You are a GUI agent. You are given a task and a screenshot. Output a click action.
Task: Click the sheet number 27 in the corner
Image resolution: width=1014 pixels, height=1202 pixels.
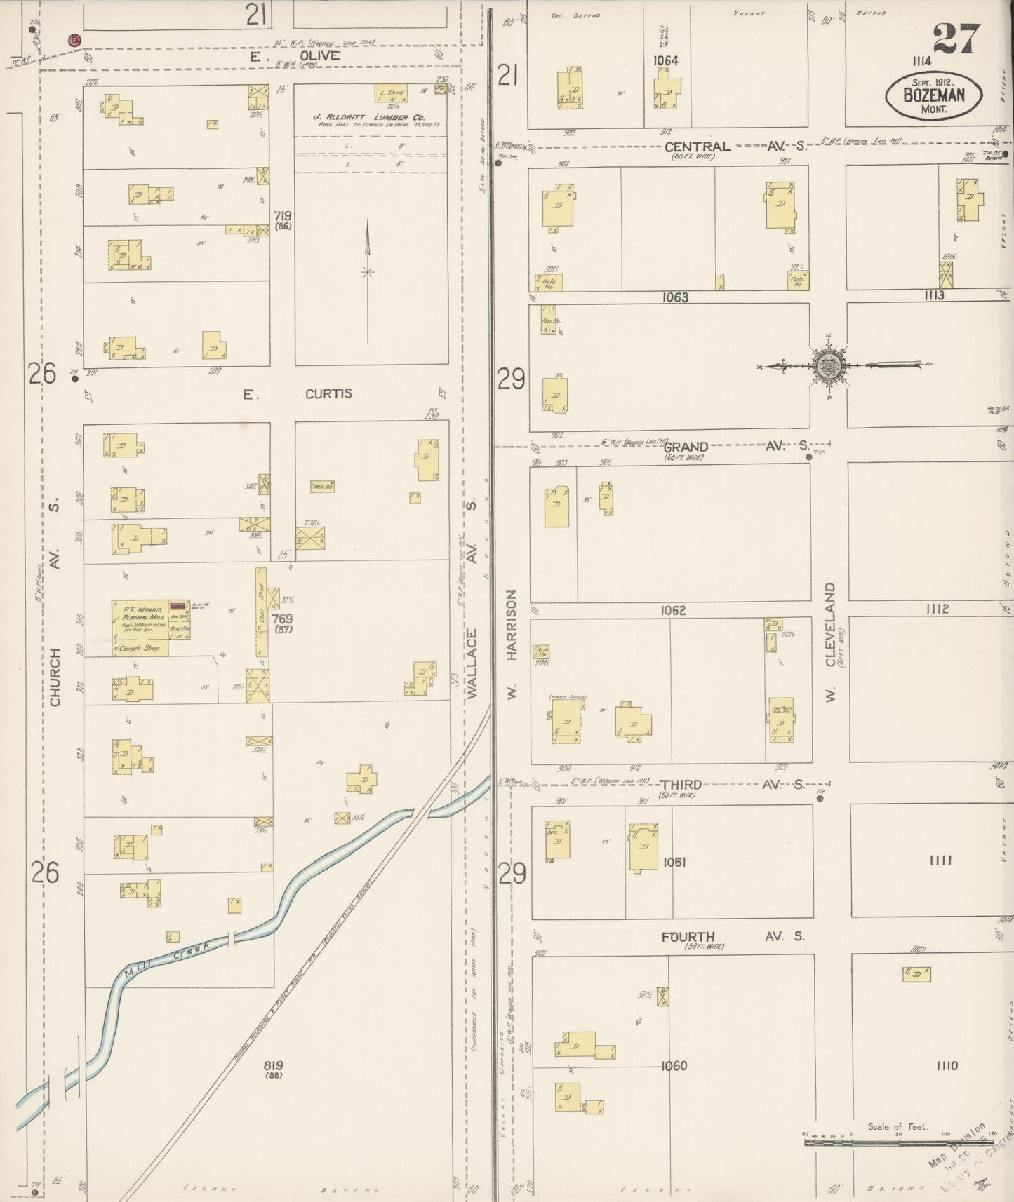[x=956, y=38]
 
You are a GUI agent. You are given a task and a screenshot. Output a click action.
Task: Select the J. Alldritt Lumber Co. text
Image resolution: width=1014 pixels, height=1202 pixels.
[x=371, y=117]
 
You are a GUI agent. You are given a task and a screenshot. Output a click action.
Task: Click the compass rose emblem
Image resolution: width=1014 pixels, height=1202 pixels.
[x=829, y=365]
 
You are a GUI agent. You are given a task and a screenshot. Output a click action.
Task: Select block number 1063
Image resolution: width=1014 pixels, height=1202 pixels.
[x=674, y=297]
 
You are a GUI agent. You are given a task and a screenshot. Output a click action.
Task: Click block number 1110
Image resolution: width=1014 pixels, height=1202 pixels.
[x=946, y=1066]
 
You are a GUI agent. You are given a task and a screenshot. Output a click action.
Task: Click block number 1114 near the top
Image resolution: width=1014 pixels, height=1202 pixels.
[x=921, y=61]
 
